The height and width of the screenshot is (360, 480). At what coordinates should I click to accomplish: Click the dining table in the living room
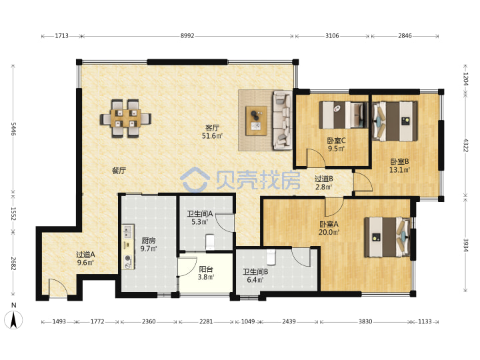click(125, 119)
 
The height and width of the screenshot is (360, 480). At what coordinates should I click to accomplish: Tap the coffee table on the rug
click(257, 121)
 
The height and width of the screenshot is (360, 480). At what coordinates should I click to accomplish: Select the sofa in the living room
click(283, 120)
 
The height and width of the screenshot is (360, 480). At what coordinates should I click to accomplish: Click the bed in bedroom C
click(343, 115)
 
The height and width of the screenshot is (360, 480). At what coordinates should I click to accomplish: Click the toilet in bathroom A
click(210, 241)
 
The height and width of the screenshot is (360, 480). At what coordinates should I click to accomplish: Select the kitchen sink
click(128, 232)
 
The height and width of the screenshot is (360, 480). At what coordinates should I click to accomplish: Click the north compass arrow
click(13, 319)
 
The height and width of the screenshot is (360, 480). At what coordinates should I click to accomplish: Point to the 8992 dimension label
click(187, 36)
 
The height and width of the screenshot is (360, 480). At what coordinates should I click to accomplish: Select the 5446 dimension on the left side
click(13, 129)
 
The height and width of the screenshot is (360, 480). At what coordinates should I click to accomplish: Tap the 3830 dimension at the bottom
click(365, 321)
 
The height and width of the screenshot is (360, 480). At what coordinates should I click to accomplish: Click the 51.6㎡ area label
click(212, 135)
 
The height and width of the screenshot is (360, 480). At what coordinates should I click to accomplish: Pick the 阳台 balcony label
click(206, 269)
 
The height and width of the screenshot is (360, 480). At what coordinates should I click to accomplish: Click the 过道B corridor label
click(324, 179)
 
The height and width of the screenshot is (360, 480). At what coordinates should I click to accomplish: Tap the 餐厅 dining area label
click(119, 171)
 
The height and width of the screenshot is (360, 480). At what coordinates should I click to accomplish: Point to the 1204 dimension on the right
click(465, 79)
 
